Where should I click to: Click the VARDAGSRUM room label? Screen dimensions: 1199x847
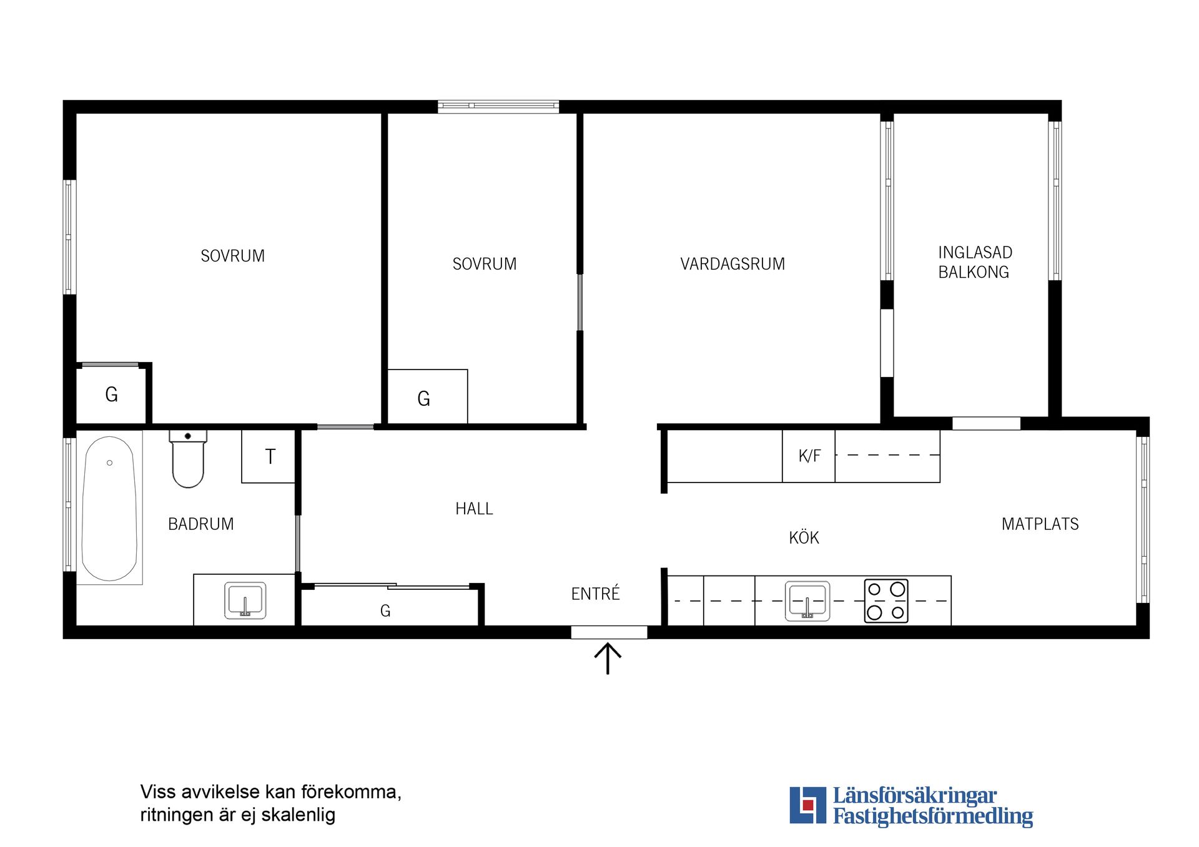[x=733, y=264]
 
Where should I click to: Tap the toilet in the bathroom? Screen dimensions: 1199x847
[x=188, y=459]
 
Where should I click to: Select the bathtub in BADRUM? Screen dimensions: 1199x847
[x=110, y=508]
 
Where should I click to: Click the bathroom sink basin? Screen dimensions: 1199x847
[x=245, y=600]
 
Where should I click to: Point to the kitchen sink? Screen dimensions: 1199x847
[x=807, y=601]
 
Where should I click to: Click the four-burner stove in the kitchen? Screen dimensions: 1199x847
[x=886, y=601]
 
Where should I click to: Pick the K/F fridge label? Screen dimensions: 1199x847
[x=809, y=456]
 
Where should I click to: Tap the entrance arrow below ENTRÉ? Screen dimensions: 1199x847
[x=608, y=659]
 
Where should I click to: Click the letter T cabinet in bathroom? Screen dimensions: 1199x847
[x=269, y=456]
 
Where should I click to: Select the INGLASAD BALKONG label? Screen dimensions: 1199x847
[x=974, y=262]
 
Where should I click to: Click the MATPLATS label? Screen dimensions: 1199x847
[x=1040, y=524]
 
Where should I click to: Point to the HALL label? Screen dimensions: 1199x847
[x=474, y=509]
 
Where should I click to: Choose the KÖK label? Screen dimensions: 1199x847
[x=804, y=537]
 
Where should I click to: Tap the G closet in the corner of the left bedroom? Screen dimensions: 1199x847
[x=111, y=394]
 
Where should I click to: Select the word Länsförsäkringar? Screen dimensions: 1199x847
[x=915, y=796]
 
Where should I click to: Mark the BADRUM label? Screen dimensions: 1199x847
[x=201, y=524]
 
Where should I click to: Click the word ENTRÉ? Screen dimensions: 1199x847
[x=596, y=593]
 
